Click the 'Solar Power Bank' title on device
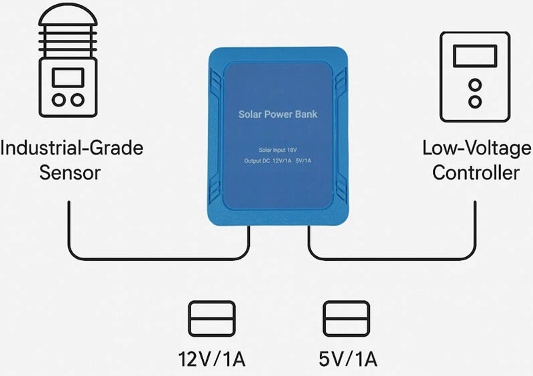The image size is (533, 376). [x=278, y=114]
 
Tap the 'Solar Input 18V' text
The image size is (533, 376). [x=278, y=150]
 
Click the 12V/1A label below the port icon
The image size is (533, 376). [x=212, y=360]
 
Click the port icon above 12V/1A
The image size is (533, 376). [x=212, y=319]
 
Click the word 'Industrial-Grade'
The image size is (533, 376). [x=71, y=147]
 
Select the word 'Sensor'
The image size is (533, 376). [x=69, y=172]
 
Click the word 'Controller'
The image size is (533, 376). [x=475, y=172]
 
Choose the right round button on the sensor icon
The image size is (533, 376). [x=79, y=100]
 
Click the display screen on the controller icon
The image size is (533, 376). [x=474, y=57]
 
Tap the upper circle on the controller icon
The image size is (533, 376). [x=474, y=85]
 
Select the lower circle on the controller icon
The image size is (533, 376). [x=474, y=102]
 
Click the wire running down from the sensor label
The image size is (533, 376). [x=69, y=226]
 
